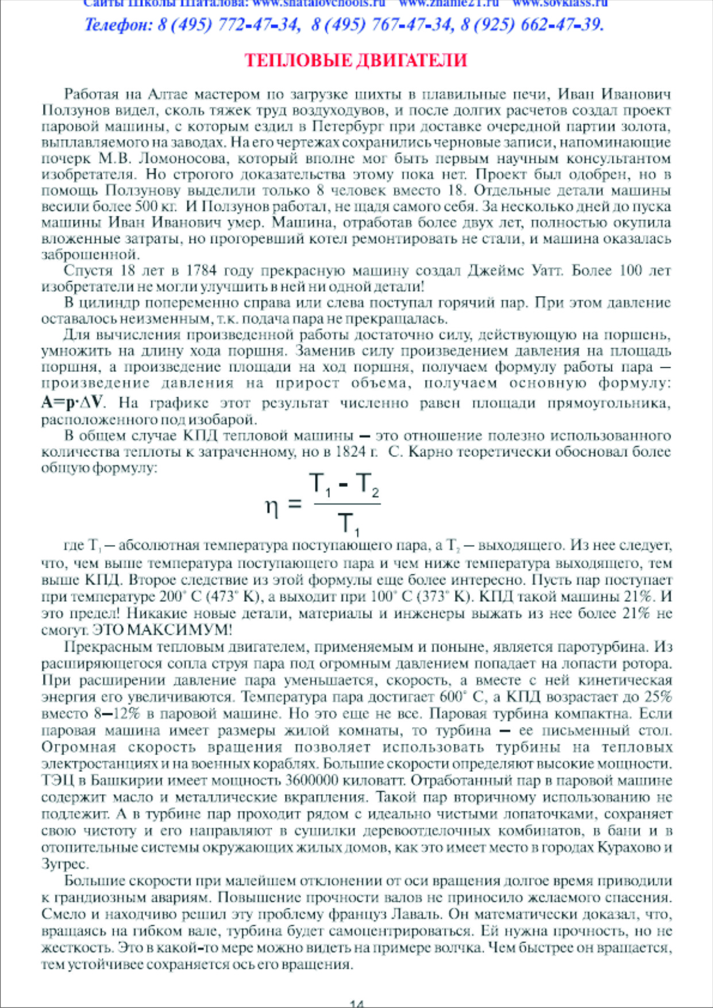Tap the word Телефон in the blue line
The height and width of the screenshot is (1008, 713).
tap(117, 25)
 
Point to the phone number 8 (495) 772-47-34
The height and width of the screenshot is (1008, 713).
tap(228, 25)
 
